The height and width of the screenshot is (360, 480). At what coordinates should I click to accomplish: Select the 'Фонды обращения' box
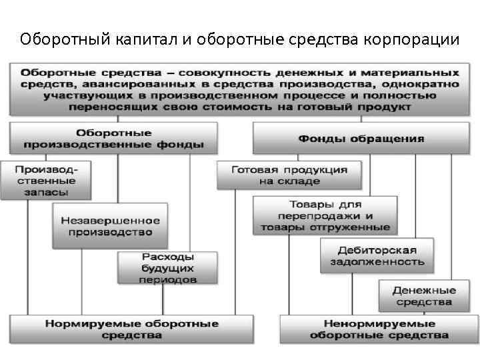[361, 138]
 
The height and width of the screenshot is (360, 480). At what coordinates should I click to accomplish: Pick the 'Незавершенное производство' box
[111, 226]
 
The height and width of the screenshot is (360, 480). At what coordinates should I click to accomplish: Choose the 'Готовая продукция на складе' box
[289, 175]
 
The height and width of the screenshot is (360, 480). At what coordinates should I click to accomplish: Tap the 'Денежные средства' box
[424, 296]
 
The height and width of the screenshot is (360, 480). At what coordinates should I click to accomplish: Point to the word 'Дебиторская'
[377, 250]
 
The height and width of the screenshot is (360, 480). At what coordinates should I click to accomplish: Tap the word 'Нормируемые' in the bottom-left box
[85, 323]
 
